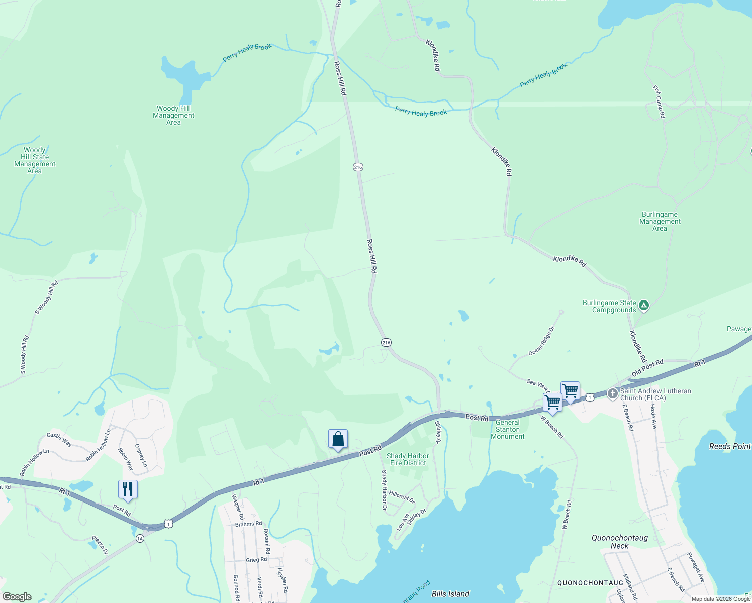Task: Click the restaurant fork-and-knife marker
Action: point(128,489)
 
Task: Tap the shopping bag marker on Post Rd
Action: point(338,439)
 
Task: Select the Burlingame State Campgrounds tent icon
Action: point(644,305)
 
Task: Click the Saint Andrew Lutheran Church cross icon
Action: point(612,393)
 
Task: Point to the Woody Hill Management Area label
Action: point(173,115)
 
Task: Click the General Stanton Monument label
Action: point(508,429)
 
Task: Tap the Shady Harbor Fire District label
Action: point(408,459)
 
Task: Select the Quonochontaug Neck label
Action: point(619,542)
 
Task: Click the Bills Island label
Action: point(450,594)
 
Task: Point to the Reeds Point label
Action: point(730,446)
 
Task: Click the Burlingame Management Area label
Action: point(660,221)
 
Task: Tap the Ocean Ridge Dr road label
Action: point(541,342)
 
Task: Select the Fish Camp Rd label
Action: point(659,102)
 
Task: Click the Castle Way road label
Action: point(59,439)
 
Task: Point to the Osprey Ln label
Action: point(141,455)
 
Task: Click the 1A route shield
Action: point(140,538)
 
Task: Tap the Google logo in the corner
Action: point(17,597)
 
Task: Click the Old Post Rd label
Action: point(647,368)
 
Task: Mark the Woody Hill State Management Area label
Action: point(35,160)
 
